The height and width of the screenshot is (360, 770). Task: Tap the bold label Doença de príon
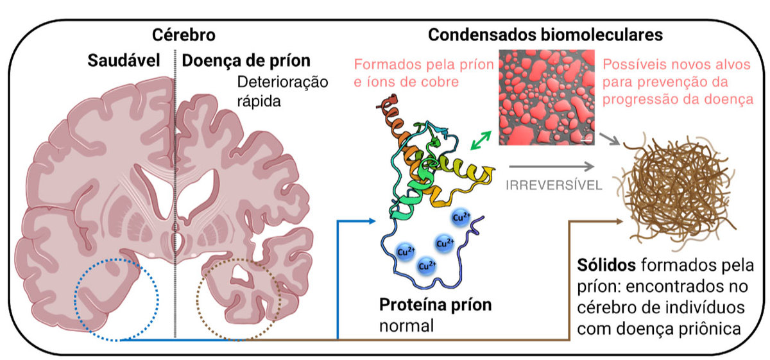[246, 61]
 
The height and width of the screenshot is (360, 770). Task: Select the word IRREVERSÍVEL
[554, 185]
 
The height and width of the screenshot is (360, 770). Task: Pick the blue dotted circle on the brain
[116, 298]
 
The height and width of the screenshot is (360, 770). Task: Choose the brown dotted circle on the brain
[239, 298]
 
